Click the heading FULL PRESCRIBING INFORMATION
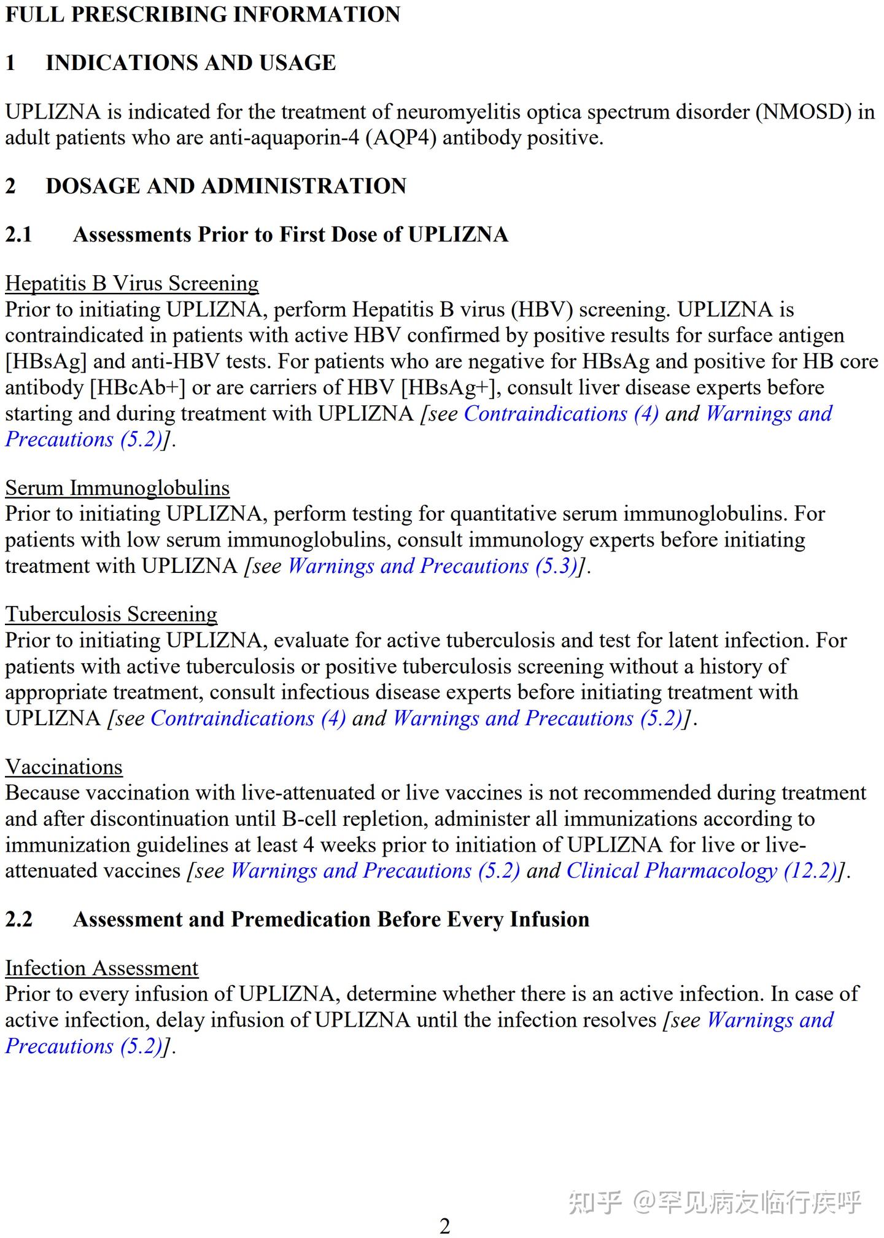(203, 14)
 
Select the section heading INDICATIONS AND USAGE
(190, 63)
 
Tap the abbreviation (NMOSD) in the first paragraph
(803, 112)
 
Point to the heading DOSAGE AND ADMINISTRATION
(226, 186)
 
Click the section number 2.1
(19, 235)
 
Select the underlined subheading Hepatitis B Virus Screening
(132, 283)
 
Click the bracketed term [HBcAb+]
(138, 387)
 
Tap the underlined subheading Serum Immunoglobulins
(117, 488)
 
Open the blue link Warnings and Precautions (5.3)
(433, 566)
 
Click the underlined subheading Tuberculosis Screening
(111, 614)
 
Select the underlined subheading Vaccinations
(64, 767)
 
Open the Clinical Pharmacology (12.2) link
(702, 871)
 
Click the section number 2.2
(19, 919)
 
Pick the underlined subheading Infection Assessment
(101, 968)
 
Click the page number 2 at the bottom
(444, 1225)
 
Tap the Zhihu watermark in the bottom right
(715, 1202)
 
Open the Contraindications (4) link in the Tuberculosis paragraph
(248, 718)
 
